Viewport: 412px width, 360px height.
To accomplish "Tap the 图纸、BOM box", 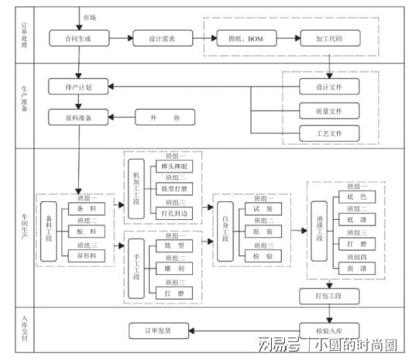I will coord(241,37).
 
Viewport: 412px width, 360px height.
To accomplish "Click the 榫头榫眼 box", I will coord(173,166).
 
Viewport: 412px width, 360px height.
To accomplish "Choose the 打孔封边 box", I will coord(173,211).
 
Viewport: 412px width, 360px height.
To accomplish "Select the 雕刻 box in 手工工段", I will coord(173,268).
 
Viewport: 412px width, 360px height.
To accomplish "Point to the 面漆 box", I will coord(346,266).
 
